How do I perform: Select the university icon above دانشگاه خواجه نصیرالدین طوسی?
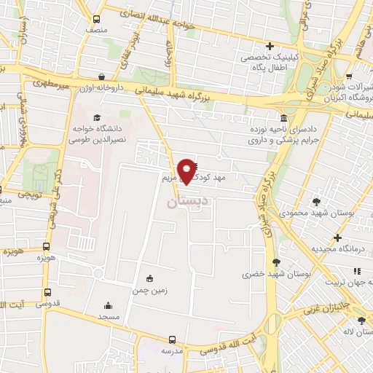[x=96, y=117]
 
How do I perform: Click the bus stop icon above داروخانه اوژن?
[x=101, y=76]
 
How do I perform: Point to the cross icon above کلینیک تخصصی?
[x=270, y=46]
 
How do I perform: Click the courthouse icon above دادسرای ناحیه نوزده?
[x=283, y=118]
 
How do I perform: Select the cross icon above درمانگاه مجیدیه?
[x=337, y=237]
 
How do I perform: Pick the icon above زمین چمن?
[x=150, y=278]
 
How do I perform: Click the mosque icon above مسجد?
[x=109, y=306]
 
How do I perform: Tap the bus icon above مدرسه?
[x=173, y=339]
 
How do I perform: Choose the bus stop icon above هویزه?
[x=46, y=247]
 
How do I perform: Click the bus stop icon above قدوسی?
[x=48, y=293]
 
